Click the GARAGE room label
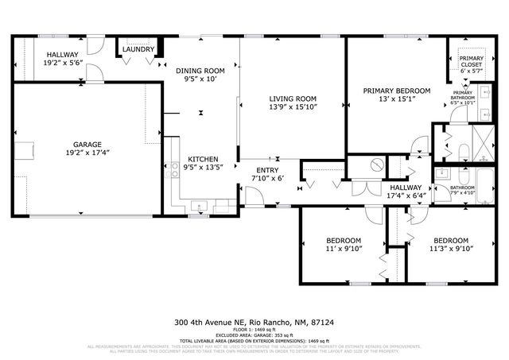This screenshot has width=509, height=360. point(87,145)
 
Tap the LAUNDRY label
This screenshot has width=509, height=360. point(138,49)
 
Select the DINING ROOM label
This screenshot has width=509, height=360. point(200,71)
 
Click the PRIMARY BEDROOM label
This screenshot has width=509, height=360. point(397,91)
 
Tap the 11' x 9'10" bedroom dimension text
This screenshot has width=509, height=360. point(344,249)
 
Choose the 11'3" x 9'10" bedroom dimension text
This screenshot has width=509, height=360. point(450,249)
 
